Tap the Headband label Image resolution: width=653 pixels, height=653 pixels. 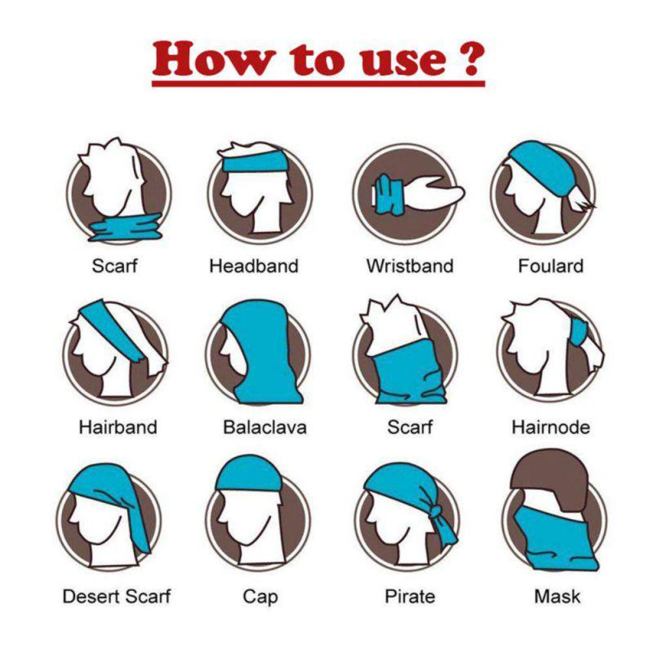tap(253, 266)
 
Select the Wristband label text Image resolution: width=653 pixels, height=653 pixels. tap(409, 266)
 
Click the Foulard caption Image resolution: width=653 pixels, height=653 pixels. tap(550, 266)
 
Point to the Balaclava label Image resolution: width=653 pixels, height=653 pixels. tap(264, 428)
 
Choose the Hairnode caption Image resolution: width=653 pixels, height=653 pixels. tap(550, 428)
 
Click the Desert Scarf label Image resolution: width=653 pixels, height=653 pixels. tap(117, 596)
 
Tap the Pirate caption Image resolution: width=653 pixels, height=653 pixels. tap(409, 596)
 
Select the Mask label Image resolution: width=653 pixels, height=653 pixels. tap(557, 596)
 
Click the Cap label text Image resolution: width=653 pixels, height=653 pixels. tap(260, 596)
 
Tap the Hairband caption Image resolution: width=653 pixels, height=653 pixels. tap(118, 428)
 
